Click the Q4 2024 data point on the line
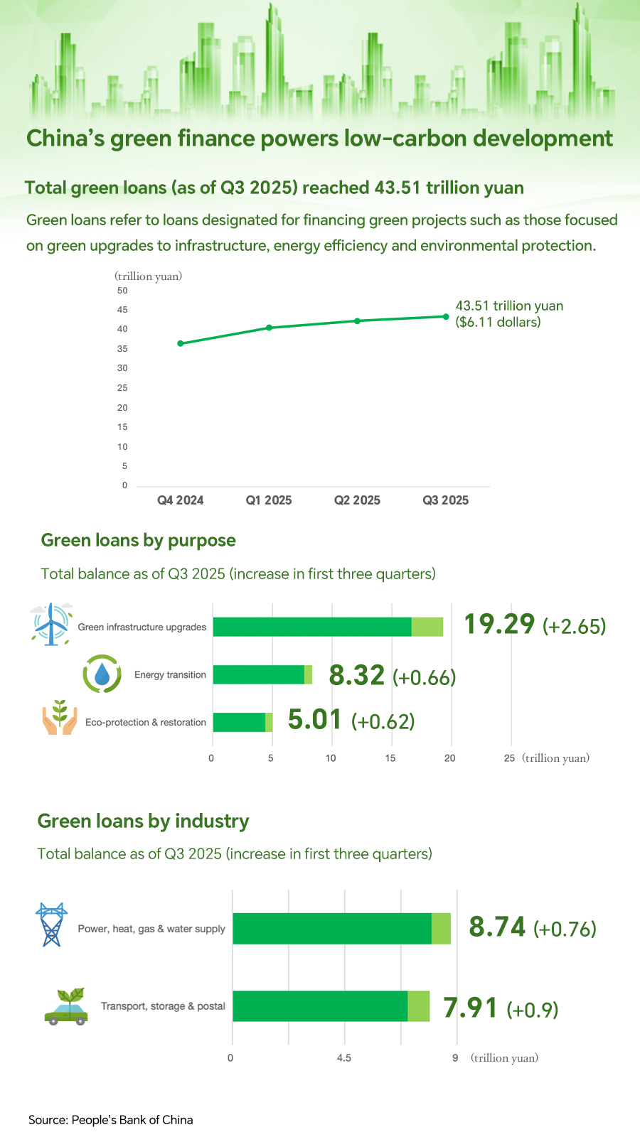point(181,343)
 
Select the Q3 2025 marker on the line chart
point(446,316)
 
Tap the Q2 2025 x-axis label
point(357,500)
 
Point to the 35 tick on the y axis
point(123,349)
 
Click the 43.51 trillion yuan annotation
point(509,313)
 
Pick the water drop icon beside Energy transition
point(102,674)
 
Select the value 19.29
point(499,624)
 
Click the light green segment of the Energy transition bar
point(308,674)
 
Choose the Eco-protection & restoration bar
point(242,722)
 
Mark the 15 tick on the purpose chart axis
point(390,758)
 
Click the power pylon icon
point(51,925)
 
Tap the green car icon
point(66,1007)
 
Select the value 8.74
point(497,927)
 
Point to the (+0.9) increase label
point(533,1010)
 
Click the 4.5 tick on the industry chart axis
point(344,1058)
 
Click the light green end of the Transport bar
point(419,1006)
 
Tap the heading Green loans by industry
point(143,821)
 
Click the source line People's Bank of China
point(111,1120)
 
